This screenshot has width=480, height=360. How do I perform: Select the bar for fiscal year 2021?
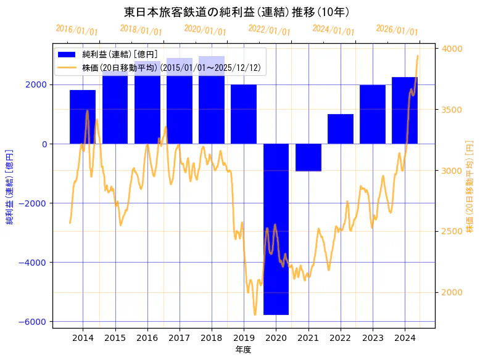pyautogui.click(x=308, y=157)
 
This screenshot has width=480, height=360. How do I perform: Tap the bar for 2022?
pyautogui.click(x=340, y=129)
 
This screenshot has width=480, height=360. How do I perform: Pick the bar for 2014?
pyautogui.click(x=83, y=117)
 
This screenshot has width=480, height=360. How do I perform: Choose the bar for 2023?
pyautogui.click(x=372, y=115)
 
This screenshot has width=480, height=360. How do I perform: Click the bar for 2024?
pyautogui.click(x=404, y=110)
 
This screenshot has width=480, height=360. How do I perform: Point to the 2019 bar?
pyautogui.click(x=244, y=115)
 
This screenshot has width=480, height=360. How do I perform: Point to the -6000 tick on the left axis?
pyautogui.click(x=36, y=322)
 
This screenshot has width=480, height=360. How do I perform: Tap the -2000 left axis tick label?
pyautogui.click(x=36, y=203)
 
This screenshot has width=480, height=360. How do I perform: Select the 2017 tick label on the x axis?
pyautogui.click(x=179, y=338)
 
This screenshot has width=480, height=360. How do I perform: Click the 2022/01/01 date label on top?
pyautogui.click(x=269, y=30)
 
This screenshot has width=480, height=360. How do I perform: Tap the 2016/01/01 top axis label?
pyautogui.click(x=77, y=30)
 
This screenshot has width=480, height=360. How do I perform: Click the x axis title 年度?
pyautogui.click(x=243, y=350)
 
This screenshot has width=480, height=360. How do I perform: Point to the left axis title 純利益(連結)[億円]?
pyautogui.click(x=9, y=186)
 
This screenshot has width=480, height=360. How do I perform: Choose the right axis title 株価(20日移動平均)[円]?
pyautogui.click(x=470, y=186)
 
